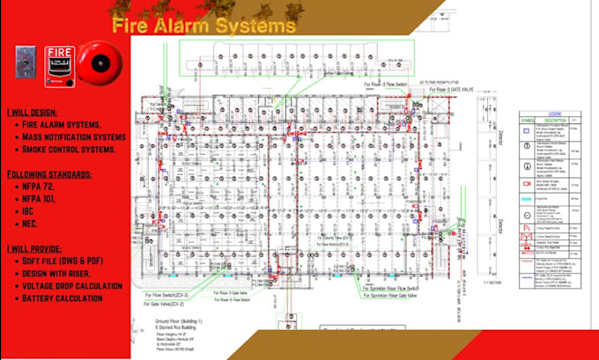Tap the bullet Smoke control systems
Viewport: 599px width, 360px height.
click(72, 150)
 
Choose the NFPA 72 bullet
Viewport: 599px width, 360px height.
click(43, 187)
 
